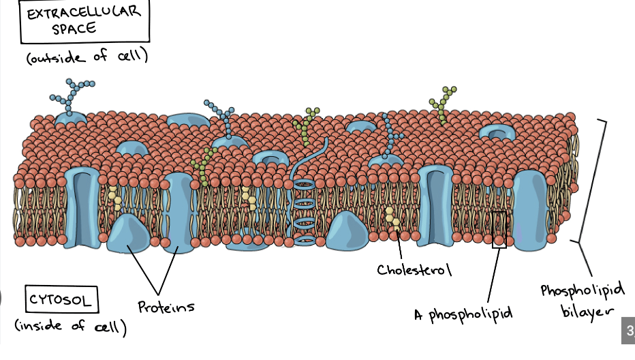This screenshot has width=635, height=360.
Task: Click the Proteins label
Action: (x=166, y=307)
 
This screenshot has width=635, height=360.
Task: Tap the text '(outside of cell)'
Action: (x=87, y=57)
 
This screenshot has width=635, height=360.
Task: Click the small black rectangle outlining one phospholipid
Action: (x=499, y=229)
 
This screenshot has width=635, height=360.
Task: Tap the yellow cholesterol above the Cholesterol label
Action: (x=392, y=218)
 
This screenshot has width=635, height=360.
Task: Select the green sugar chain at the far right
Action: (x=444, y=102)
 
